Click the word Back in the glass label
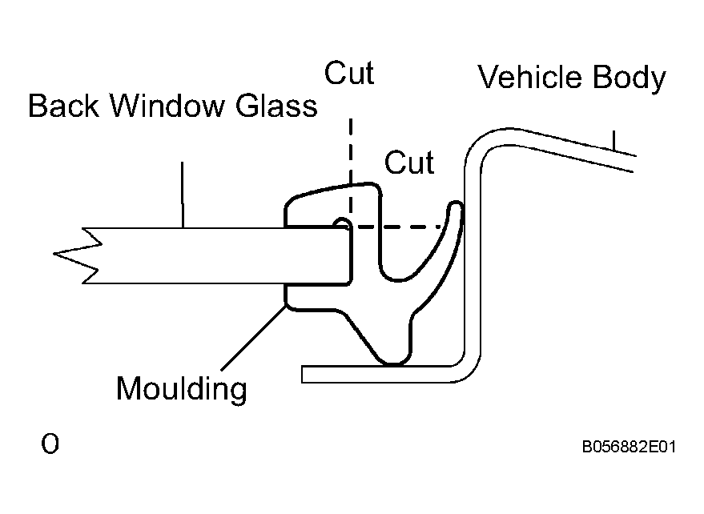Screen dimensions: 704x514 pos(63,106)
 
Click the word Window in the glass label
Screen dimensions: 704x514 pos(167,106)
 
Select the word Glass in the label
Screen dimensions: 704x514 pos(276,106)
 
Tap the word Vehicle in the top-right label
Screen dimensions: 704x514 pos(529,76)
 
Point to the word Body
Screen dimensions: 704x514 pos(629,78)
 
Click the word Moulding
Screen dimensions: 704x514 pos(181,389)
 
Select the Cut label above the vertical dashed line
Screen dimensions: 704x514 pos(349,73)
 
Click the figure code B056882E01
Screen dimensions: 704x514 pos(629,447)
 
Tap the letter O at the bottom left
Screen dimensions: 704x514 pos(50,444)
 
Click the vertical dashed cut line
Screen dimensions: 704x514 pos(350,173)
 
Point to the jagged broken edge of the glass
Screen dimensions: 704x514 pos(76,255)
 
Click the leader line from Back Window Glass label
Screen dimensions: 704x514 pos(183,195)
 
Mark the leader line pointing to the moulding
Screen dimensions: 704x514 pos(253,338)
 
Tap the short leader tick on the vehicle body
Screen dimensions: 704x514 pos(613,140)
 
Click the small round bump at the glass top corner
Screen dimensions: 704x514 pos(342,223)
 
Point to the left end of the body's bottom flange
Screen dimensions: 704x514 pos(302,375)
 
